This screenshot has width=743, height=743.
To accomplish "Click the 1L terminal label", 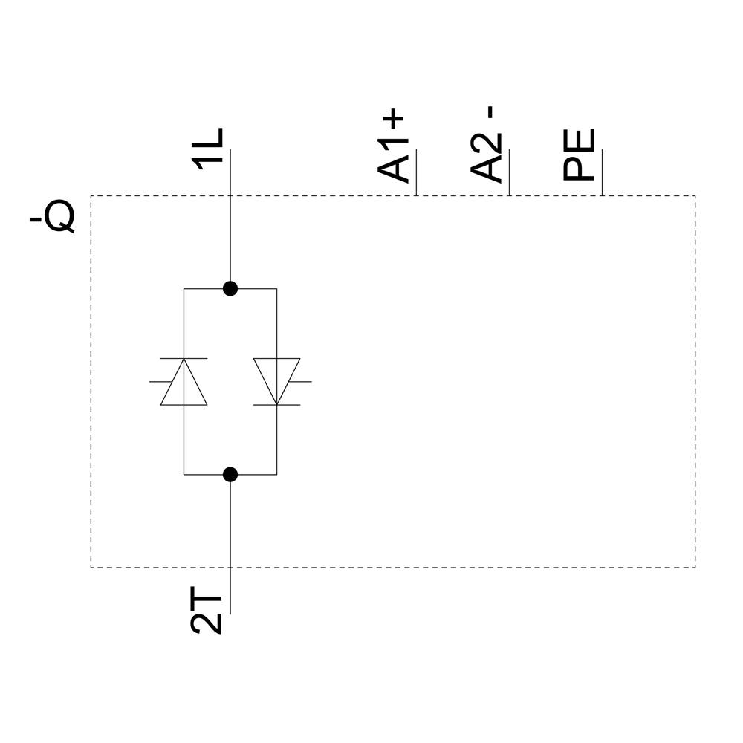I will pos(208,148).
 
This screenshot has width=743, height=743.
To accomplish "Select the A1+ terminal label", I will pos(394,147).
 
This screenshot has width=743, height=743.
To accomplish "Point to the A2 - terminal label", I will pos(487,145).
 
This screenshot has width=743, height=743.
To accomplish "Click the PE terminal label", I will pos(580,155).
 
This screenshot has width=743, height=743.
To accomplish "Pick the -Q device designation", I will pos(52,216).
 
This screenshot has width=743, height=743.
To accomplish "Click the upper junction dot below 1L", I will pos(230,288).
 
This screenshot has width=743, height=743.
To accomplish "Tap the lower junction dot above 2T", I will pos(230,474).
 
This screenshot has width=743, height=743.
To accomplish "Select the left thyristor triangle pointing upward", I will pos(184,382).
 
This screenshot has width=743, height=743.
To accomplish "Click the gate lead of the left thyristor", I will pos(158,381).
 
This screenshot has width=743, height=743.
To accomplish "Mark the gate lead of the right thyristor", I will pos(301,382).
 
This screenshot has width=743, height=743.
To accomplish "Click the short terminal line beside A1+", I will pos(416,172).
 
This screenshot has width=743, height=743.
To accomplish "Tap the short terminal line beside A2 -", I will pos(509,172).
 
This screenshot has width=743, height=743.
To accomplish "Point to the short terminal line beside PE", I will pos(602,172).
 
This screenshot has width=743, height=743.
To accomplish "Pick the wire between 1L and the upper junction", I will pos(230,223).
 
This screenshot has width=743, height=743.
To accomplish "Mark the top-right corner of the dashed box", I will pos(695,196).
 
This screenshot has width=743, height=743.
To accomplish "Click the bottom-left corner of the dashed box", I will pos(91,568).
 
